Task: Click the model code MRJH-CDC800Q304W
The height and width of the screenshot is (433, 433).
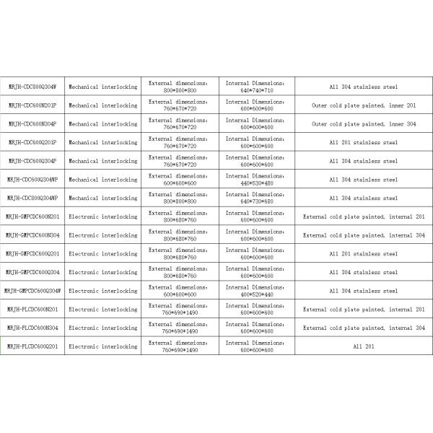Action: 32,87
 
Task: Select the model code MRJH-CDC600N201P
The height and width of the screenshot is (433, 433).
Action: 32,105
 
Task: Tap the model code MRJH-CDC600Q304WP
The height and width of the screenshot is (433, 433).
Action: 32,180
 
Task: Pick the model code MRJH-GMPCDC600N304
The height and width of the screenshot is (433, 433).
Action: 32,235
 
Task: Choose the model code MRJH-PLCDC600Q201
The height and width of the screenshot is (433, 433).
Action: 32,346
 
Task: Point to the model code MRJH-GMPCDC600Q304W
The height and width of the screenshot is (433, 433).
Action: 32,291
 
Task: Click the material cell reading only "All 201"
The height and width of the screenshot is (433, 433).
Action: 363,346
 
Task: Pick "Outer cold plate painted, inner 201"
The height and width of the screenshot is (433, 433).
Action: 363,105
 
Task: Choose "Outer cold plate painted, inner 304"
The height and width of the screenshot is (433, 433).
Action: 363,124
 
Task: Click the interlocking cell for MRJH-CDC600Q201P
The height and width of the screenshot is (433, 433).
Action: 102,142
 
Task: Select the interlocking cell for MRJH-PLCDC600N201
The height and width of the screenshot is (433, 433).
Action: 102,310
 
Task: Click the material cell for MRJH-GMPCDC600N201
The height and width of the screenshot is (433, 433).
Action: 363,216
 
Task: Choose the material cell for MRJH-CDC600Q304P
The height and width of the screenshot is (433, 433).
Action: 363,161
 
